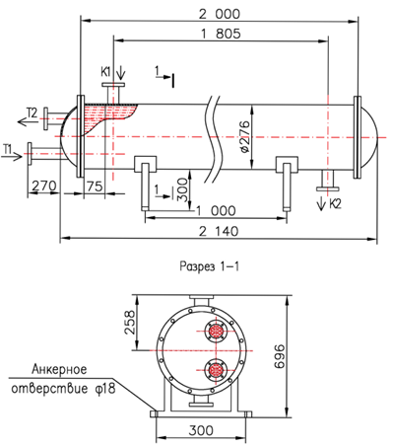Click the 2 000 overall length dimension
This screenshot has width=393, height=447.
click(x=220, y=14)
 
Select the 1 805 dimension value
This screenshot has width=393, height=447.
click(x=221, y=34)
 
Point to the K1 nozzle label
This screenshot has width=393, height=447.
click(x=106, y=71)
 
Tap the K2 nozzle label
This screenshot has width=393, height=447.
click(x=335, y=204)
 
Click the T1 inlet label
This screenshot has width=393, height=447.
click(x=7, y=150)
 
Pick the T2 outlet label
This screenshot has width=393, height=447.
click(x=33, y=112)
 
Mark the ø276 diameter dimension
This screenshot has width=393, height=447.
click(x=244, y=136)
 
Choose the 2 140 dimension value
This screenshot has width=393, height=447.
click(x=219, y=231)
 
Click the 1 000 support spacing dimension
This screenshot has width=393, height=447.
click(x=216, y=211)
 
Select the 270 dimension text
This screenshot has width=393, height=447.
click(x=44, y=186)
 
